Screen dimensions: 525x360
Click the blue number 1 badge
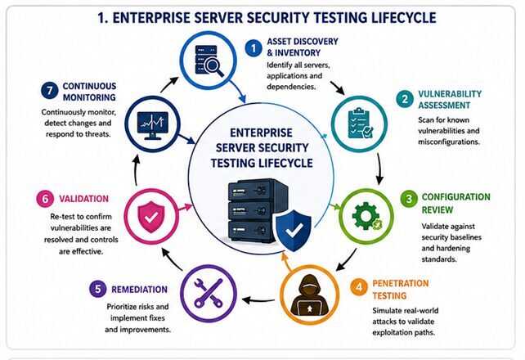[x=254, y=48]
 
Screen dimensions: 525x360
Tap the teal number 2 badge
[x=405, y=99]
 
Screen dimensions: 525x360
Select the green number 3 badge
[x=409, y=199]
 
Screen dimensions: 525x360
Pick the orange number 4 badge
[x=359, y=287]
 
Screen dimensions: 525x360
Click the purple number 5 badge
[x=98, y=289]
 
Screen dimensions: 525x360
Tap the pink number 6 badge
[x=45, y=199]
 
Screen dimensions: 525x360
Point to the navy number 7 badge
[x=50, y=91]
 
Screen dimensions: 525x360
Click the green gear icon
[x=366, y=216]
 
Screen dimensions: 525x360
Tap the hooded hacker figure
[x=309, y=295]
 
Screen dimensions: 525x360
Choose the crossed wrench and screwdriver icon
[x=209, y=293]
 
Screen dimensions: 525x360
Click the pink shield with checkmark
[x=151, y=217]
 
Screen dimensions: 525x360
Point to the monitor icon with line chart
[x=153, y=125]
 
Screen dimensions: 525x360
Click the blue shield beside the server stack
[x=294, y=231]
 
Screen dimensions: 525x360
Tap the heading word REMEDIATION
[x=139, y=290]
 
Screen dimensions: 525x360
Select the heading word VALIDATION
[x=83, y=199]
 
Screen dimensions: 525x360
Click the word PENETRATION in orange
[x=401, y=283]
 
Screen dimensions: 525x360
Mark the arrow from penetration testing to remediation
[x=258, y=300]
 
